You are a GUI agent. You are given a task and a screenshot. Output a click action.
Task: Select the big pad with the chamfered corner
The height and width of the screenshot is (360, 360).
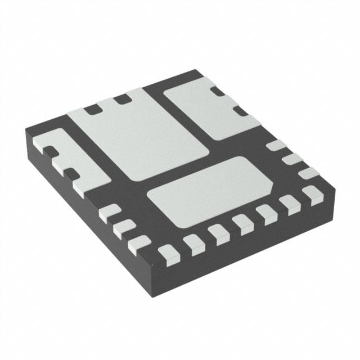click(208, 191)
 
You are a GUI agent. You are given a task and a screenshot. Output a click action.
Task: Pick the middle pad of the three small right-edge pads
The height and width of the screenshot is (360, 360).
click(292, 160)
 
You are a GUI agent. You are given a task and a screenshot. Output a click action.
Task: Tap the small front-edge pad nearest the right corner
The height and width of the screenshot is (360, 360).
click(310, 195)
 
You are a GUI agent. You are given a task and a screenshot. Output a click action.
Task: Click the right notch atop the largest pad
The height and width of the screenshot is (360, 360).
click(120, 100)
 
